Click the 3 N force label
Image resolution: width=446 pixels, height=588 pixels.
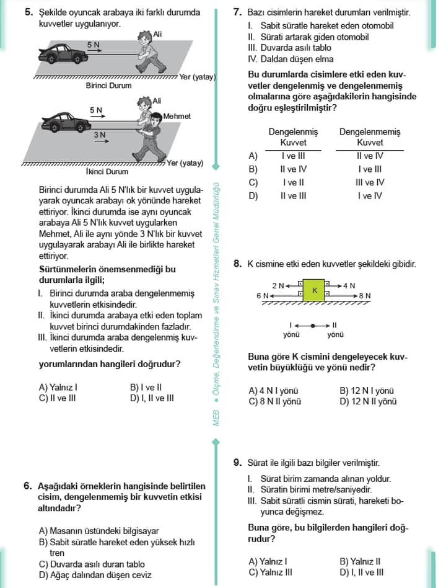(100, 135)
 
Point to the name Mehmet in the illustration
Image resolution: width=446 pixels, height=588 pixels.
(177, 116)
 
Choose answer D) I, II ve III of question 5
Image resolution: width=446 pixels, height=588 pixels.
(152, 398)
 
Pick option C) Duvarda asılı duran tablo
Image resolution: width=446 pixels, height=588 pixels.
(92, 564)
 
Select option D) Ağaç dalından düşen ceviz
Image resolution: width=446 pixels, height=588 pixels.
(95, 574)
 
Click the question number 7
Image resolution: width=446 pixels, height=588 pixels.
(237, 12)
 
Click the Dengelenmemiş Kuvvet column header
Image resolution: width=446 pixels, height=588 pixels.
(370, 137)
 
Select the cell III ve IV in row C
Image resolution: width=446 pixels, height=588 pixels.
(370, 182)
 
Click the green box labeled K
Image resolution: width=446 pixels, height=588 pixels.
(315, 290)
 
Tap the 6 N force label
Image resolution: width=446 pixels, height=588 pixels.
(262, 296)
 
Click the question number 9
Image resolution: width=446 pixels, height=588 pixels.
(237, 462)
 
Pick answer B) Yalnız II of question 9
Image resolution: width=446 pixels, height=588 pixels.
(360, 561)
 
